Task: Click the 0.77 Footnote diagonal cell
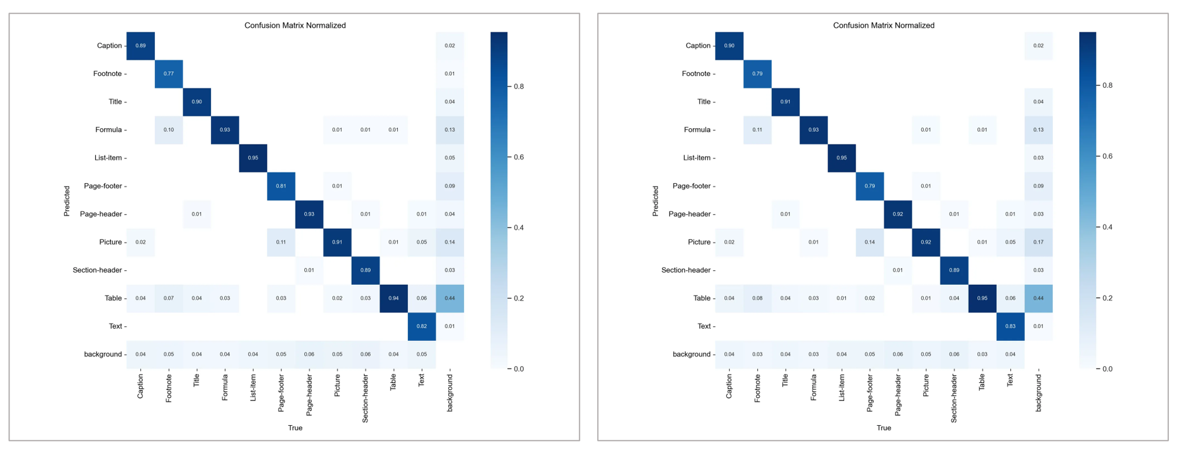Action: (169, 73)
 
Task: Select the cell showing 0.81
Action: (281, 186)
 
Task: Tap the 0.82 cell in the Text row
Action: (422, 326)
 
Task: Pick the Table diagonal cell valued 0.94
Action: (393, 298)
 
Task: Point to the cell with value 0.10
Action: (169, 130)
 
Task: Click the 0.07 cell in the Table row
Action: (169, 298)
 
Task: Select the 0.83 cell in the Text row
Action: (1010, 326)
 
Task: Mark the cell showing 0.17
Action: (1038, 242)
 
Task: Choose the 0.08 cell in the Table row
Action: (757, 298)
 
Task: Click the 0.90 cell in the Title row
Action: (196, 102)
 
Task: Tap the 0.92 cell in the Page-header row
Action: (898, 214)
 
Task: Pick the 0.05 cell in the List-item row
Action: (450, 158)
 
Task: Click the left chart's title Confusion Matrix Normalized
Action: (295, 25)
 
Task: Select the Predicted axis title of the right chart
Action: (656, 201)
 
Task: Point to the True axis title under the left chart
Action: (295, 428)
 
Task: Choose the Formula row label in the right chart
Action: (697, 130)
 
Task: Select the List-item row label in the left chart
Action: (108, 158)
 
